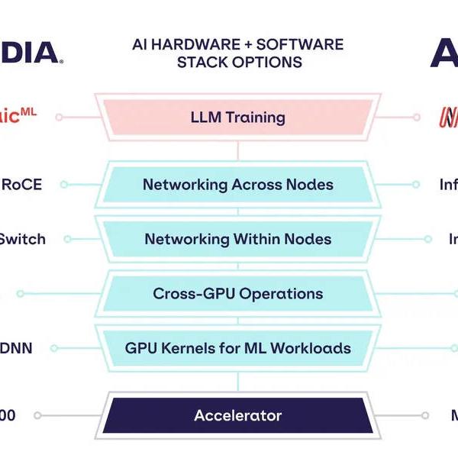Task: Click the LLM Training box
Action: pyautogui.click(x=237, y=118)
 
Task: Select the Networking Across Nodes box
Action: pyautogui.click(x=237, y=185)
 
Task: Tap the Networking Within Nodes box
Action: pyautogui.click(x=237, y=239)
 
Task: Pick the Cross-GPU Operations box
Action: pyautogui.click(x=237, y=293)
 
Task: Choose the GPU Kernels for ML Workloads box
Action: pyautogui.click(x=237, y=348)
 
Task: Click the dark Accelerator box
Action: pyautogui.click(x=237, y=416)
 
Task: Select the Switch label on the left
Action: pyautogui.click(x=21, y=239)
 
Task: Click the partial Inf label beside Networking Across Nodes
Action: pyautogui.click(x=448, y=185)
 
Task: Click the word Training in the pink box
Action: pyautogui.click(x=256, y=118)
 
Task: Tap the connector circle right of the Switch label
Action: pyautogui.click(x=67, y=239)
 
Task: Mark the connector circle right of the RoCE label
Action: pyautogui.click(x=63, y=185)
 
